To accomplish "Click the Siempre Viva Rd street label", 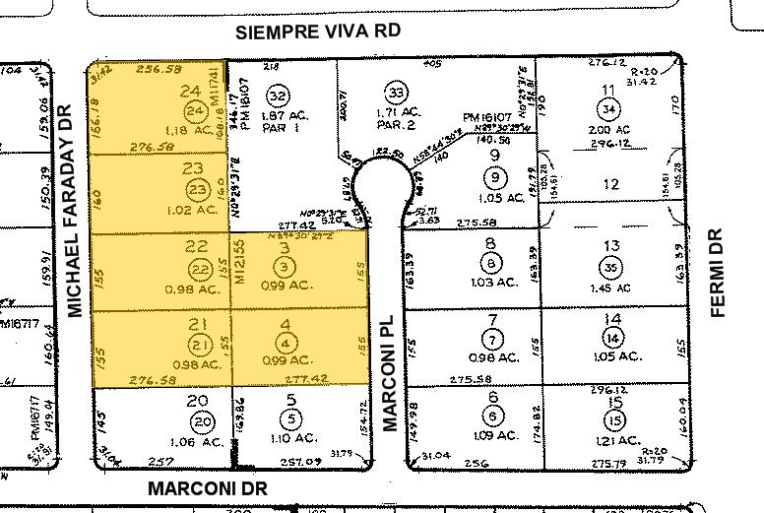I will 319,31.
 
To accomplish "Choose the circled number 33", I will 397,93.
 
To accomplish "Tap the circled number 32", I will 278,96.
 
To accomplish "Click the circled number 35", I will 612,266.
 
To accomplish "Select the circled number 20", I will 201,421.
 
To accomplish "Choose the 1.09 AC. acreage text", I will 492,436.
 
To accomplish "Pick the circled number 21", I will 201,344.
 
